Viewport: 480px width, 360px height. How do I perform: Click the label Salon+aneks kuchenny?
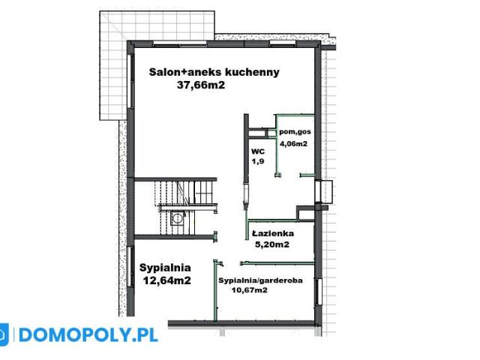[214, 72]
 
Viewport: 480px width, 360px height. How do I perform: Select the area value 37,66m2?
[200, 85]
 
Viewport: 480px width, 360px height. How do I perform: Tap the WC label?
[256, 151]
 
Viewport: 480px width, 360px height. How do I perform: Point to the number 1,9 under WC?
[256, 161]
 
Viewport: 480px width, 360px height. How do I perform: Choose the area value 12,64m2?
[166, 280]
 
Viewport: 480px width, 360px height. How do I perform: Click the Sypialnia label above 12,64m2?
[165, 266]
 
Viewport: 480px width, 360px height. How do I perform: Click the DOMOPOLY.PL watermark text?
[87, 334]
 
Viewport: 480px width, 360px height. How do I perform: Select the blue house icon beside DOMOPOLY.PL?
[4, 334]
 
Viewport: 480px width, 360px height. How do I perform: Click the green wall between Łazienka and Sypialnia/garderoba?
[277, 262]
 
